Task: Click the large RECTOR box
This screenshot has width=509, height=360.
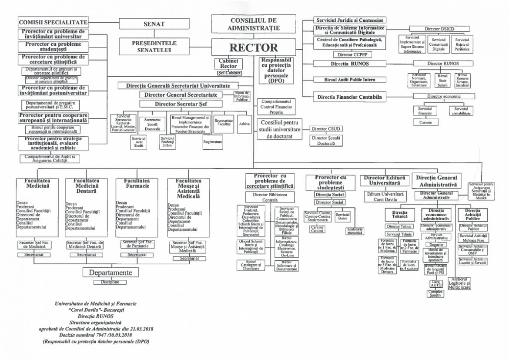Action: (x=254, y=47)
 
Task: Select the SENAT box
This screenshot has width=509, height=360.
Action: (x=154, y=24)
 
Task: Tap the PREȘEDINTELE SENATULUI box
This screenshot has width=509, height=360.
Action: (x=154, y=47)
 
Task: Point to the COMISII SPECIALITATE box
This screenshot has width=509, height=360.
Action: (x=54, y=22)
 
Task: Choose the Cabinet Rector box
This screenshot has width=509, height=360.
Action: (x=228, y=64)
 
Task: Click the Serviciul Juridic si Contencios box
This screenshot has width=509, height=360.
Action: (x=350, y=20)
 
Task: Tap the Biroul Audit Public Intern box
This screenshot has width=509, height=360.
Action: (x=350, y=80)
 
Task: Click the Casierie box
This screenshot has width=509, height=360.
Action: (x=425, y=123)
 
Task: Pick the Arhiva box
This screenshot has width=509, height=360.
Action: (x=244, y=124)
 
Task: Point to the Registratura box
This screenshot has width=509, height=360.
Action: (x=212, y=142)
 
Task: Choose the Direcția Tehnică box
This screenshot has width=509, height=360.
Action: (x=399, y=214)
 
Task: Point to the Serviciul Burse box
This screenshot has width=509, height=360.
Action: (x=342, y=216)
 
